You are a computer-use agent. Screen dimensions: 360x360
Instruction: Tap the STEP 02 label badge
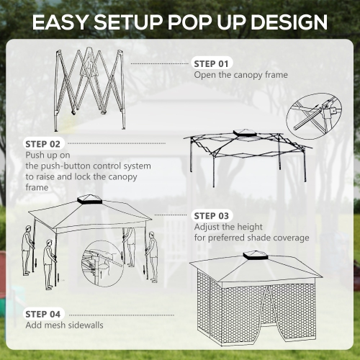coord(44,143)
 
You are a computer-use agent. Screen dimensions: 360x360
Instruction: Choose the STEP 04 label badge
coord(44,314)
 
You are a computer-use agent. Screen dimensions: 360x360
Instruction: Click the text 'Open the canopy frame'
coord(240,75)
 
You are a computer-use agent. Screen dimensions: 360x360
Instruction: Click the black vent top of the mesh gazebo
coord(256,254)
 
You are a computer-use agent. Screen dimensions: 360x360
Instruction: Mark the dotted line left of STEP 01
coord(163,63)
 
